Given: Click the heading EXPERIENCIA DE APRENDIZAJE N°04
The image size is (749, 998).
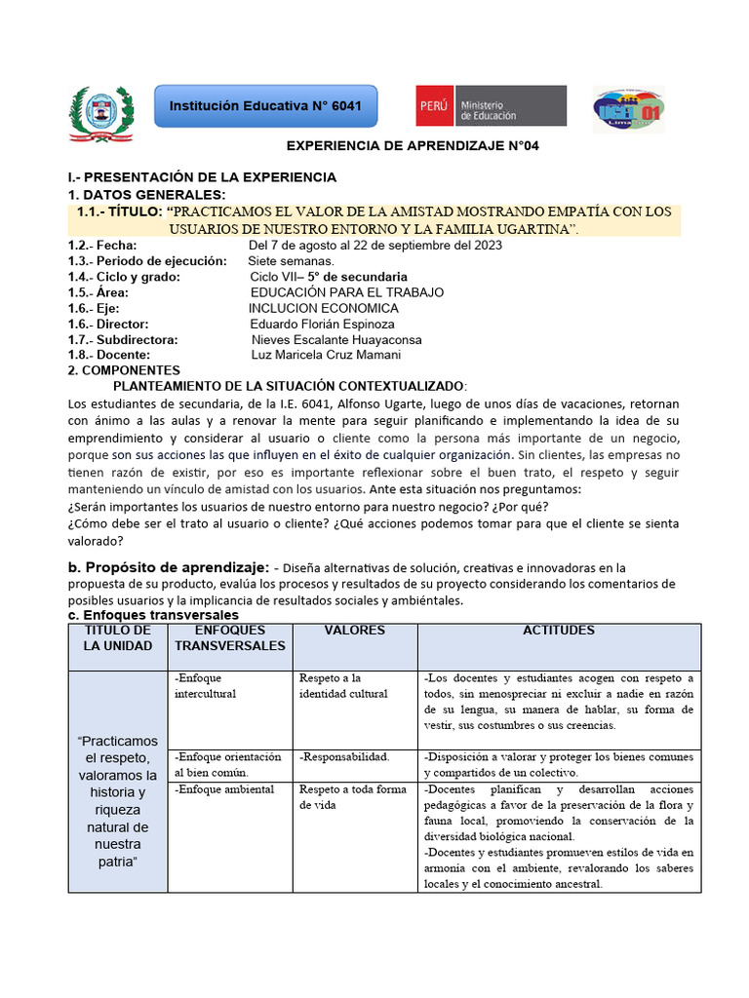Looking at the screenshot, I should click(412, 145).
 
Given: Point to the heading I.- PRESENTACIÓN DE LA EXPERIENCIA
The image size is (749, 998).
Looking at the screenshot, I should click(202, 177).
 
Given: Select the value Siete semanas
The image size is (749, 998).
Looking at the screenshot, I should click(291, 261).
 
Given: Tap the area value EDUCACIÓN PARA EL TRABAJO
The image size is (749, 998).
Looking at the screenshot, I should click(346, 292).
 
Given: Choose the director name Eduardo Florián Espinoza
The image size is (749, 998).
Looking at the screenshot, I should click(322, 324).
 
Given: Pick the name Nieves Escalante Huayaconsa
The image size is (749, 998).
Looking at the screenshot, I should click(336, 339).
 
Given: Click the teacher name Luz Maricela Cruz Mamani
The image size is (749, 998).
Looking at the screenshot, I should click(326, 355).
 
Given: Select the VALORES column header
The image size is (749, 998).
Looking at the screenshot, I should click(354, 631).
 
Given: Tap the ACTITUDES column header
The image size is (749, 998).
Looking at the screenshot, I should click(559, 631).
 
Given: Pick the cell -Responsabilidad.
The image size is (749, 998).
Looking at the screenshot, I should click(344, 756).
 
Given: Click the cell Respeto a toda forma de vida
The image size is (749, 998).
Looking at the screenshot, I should click(352, 797).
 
